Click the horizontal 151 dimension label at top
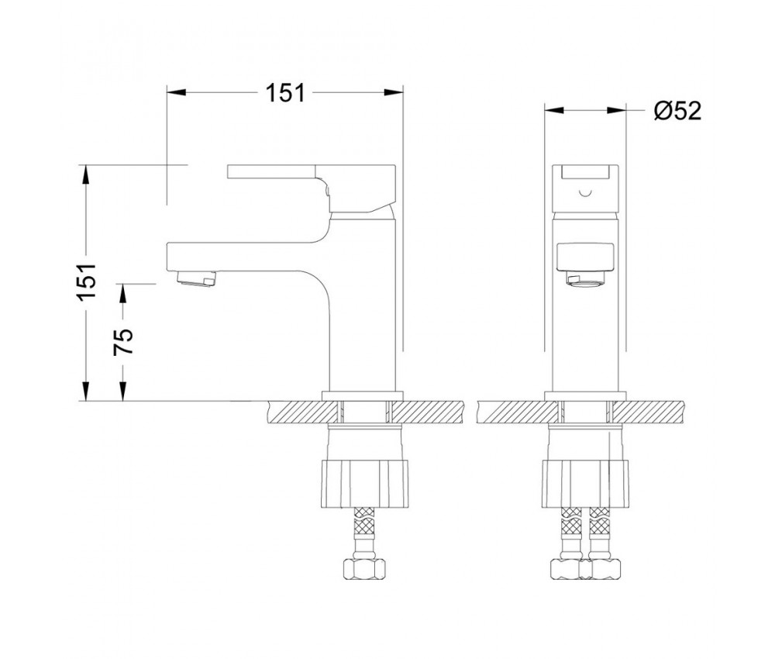pyautogui.click(x=286, y=93)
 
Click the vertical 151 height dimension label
pyautogui.click(x=86, y=281)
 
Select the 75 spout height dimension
pyautogui.click(x=123, y=342)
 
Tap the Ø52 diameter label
pyautogui.click(x=677, y=111)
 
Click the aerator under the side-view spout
pyautogui.click(x=197, y=278)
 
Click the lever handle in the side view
pyautogui.click(x=312, y=187)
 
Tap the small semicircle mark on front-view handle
pyautogui.click(x=585, y=193)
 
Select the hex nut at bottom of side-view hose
pyautogui.click(x=364, y=569)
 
